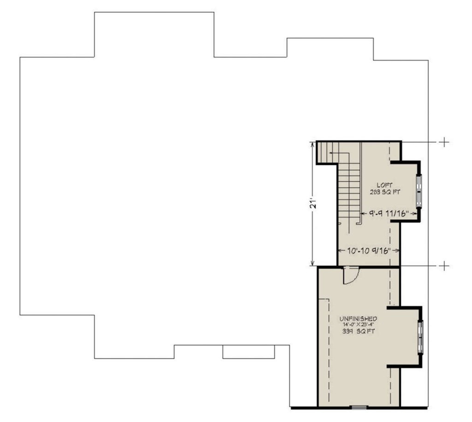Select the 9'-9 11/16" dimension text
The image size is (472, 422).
point(389,214)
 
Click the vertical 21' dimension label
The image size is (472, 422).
point(313,205)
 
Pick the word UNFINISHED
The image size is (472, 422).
point(359,318)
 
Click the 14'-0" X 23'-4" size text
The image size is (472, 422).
point(359,325)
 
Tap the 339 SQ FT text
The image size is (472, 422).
point(359,331)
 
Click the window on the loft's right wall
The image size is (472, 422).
point(419,191)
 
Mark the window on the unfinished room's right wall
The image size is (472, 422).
point(420,338)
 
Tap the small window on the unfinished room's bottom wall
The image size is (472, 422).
point(358,407)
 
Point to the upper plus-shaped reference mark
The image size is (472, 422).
point(443,142)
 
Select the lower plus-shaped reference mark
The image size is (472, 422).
point(443,266)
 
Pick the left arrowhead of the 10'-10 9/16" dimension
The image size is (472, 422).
point(339,251)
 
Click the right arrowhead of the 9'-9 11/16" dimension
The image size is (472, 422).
point(416,214)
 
